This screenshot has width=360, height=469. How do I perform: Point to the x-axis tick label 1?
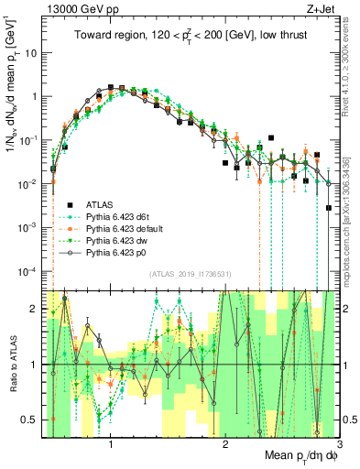tap(111, 444)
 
